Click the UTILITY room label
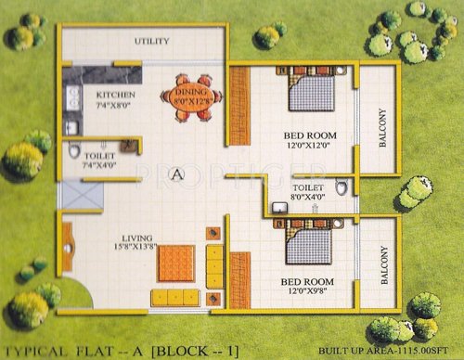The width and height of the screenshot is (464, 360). tap(151, 42)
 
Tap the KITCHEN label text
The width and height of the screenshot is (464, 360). tap(116, 95)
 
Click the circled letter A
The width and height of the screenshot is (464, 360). tap(177, 174)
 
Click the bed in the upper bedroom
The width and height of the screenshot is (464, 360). tap(311, 93)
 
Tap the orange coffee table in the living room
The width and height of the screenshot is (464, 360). tap(174, 264)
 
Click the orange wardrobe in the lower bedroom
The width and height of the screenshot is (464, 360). tap(239, 279)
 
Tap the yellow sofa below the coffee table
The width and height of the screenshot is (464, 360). tap(175, 298)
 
